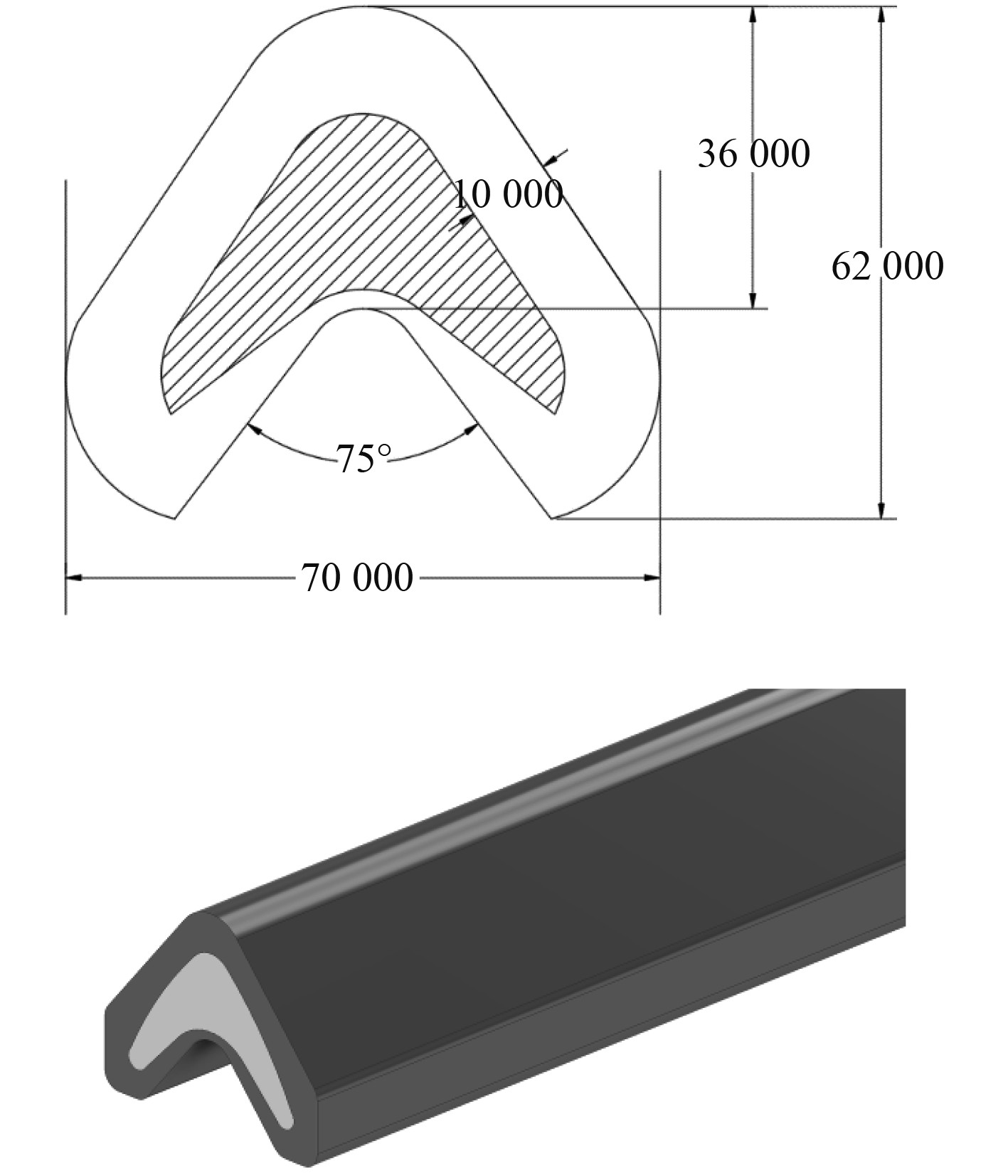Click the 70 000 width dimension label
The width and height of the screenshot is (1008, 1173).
coord(357,577)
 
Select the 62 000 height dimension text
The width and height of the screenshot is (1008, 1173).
coord(888,266)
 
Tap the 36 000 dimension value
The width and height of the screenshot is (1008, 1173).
coord(753,154)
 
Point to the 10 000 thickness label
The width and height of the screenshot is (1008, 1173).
coord(508,193)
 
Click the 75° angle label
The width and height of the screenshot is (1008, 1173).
coord(364,459)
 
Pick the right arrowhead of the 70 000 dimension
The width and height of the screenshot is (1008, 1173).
coord(652,578)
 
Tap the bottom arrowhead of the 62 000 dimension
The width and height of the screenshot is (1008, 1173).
coord(881,510)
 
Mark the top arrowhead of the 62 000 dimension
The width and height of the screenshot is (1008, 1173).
coord(881,16)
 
